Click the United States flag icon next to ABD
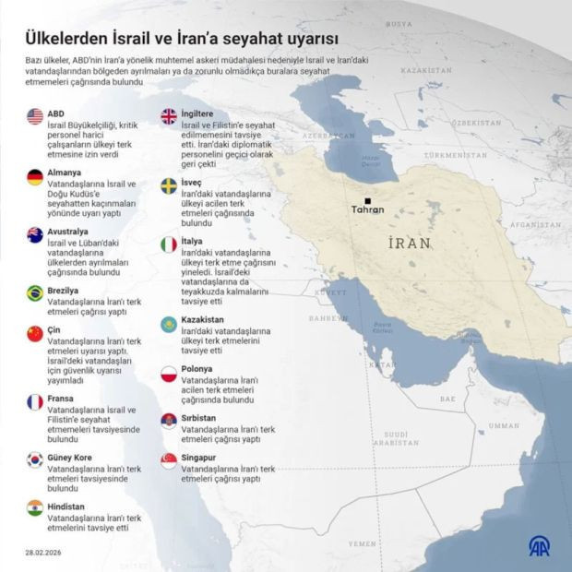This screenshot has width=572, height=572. (x=35, y=116)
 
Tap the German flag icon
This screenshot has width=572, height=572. (x=35, y=177)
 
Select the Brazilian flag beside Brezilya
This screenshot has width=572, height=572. (x=35, y=293)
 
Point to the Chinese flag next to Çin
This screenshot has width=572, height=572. (x=35, y=333)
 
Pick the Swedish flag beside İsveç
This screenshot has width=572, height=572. (x=169, y=185)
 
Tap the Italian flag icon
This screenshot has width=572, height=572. (x=169, y=244)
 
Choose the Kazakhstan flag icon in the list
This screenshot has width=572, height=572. (x=169, y=324)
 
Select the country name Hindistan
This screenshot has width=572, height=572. (x=67, y=506)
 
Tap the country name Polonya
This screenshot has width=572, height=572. (x=199, y=368)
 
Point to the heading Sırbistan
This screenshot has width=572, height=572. (x=203, y=417)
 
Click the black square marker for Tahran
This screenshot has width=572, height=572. (x=367, y=200)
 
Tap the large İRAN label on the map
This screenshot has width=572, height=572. (x=410, y=243)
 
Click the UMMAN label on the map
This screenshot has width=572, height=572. (x=504, y=425)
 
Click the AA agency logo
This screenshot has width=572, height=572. (x=539, y=545)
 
